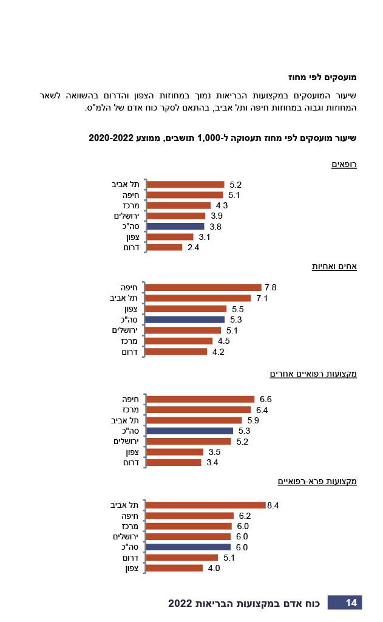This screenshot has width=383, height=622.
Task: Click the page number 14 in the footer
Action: (351, 603)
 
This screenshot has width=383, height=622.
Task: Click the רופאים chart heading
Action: (344, 165)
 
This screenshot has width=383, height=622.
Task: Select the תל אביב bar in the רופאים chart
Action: (186, 185)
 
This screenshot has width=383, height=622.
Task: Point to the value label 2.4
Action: (194, 248)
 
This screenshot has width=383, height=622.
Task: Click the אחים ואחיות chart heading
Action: (334, 267)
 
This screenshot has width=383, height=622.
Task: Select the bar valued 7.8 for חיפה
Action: (204, 288)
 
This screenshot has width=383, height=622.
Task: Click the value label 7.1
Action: (262, 298)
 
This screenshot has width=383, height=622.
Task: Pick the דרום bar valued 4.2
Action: (177, 352)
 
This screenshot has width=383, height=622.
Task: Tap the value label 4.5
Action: (223, 341)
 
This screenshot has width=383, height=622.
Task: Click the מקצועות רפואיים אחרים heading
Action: (313, 374)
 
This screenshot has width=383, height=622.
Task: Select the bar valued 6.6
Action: (201, 400)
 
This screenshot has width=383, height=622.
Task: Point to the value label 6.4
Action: (262, 410)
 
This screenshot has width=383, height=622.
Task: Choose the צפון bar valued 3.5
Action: (175, 452)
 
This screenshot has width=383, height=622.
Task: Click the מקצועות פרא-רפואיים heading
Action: (317, 482)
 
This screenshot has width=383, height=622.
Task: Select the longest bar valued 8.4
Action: (206, 505)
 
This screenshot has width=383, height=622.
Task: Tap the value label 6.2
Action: (245, 516)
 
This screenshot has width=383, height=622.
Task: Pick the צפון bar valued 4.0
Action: (175, 569)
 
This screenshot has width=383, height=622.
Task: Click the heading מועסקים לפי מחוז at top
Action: (322, 78)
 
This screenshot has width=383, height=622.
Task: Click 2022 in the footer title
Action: (180, 603)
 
